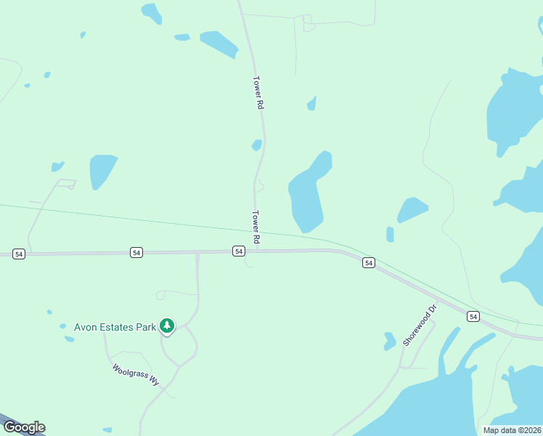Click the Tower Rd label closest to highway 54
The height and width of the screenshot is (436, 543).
pos(256,227)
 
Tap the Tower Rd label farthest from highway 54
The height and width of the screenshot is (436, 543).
pos(257,92)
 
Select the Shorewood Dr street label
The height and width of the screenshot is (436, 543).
pos(421,325)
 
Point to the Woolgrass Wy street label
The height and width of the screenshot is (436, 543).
pos(136,374)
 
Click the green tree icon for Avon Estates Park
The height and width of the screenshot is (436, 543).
pos(168,326)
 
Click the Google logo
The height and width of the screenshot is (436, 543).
pos(23,427)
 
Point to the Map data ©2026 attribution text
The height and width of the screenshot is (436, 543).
pos(512,430)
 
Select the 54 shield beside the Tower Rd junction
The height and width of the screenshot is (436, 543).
pos(238,251)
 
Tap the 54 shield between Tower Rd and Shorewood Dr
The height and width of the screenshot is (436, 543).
pos(369,262)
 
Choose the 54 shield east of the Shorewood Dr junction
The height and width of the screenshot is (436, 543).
pos(473,316)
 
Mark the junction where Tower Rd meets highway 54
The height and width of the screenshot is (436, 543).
pos(256,251)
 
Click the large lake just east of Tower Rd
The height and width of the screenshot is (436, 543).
pos(306,196)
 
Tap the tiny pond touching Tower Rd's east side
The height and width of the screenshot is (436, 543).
pos(256,145)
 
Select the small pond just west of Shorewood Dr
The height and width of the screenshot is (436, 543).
pos(390,339)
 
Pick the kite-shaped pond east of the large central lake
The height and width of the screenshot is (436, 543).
pos(412,209)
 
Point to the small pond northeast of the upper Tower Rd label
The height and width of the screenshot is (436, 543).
pos(312,104)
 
